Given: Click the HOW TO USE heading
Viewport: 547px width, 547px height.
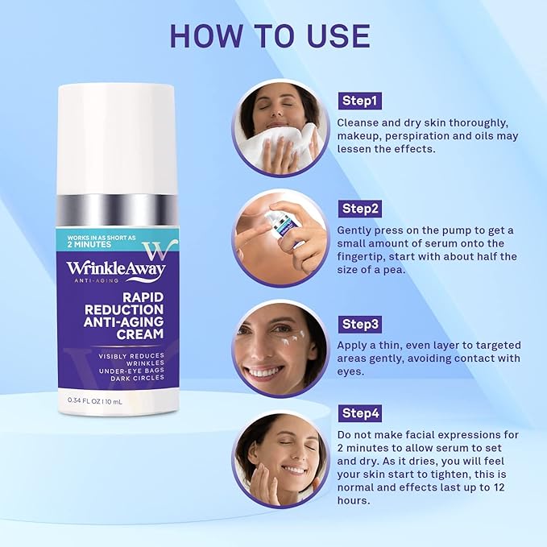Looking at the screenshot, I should [x=270, y=35].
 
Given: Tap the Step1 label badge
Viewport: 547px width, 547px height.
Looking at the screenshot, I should [x=358, y=102].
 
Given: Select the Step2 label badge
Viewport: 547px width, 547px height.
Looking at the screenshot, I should [x=359, y=208].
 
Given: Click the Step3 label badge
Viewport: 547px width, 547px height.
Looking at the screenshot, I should [x=359, y=324].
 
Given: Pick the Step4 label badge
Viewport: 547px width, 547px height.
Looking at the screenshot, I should [x=359, y=414].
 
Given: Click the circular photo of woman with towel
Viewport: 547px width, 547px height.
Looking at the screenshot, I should [x=280, y=126].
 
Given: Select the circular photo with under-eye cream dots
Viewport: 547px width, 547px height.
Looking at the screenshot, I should [x=280, y=348].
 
